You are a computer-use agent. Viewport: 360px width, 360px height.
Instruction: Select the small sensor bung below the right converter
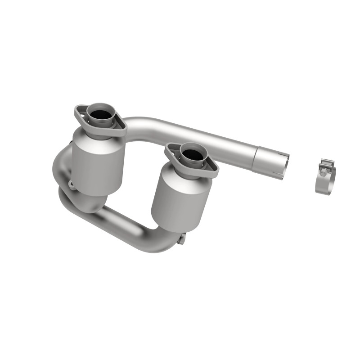(180, 239)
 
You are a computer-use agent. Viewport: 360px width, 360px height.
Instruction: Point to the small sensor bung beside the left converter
(71, 184)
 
